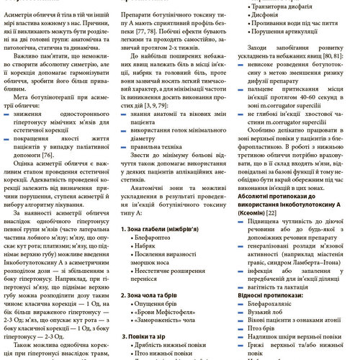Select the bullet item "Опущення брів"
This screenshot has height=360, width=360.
(x=155, y=306)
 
